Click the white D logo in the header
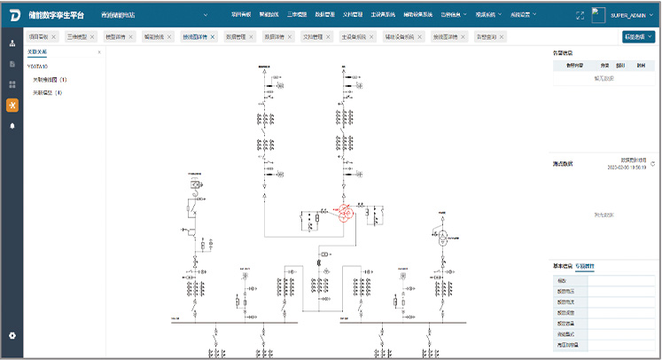[x=13, y=15]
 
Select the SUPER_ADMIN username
[x=631, y=15]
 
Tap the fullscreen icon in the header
[x=580, y=15]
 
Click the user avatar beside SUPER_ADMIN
[x=602, y=15]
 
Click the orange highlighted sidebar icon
[x=12, y=105]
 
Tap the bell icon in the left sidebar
[x=12, y=126]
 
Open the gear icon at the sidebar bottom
[x=12, y=335]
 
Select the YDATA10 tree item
[x=38, y=66]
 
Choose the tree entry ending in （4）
[x=49, y=92]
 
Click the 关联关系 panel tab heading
[x=37, y=52]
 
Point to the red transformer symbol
[x=342, y=213]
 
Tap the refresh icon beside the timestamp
[x=653, y=164]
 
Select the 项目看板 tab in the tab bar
[x=39, y=37]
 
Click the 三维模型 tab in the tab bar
[x=82, y=37]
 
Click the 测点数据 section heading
[x=564, y=163]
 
